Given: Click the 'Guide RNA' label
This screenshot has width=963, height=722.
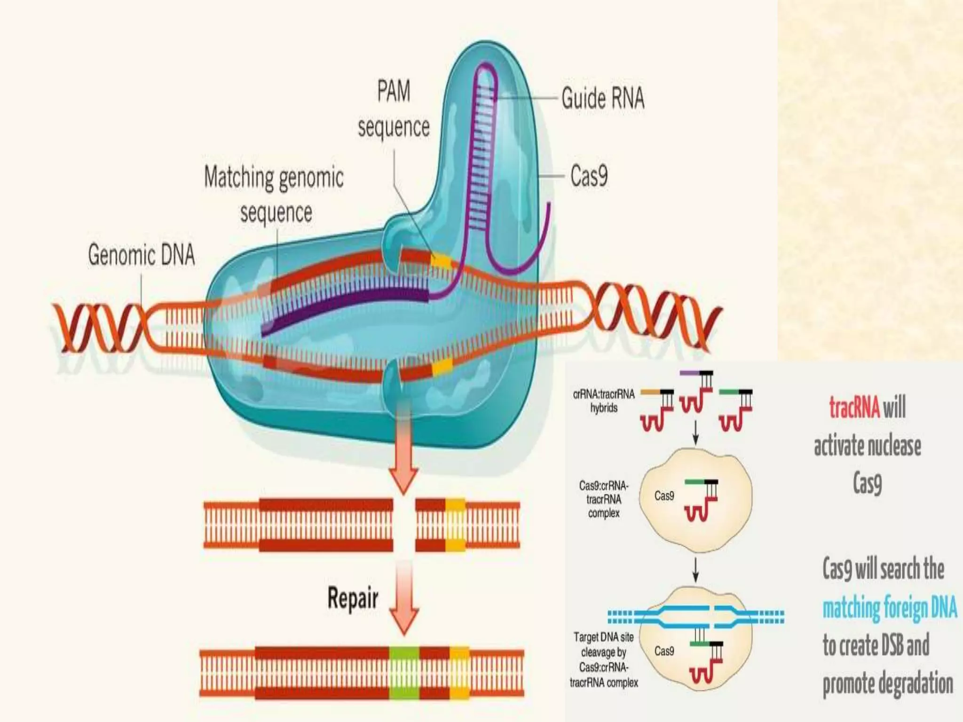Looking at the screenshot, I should click(x=603, y=99).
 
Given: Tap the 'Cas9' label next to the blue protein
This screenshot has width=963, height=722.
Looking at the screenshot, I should click(x=589, y=176).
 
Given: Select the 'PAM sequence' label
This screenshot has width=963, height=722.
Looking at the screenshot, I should click(x=394, y=109).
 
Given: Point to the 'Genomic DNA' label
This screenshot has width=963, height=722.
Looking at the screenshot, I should click(x=141, y=255).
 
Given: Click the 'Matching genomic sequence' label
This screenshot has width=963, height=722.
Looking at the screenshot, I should click(x=274, y=195).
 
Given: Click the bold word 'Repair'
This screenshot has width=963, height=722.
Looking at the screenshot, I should click(x=353, y=598).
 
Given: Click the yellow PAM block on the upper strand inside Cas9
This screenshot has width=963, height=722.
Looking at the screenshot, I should click(x=441, y=259).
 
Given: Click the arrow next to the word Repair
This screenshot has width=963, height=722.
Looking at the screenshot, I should click(x=404, y=602).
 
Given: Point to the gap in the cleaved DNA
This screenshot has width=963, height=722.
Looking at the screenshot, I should click(x=404, y=525).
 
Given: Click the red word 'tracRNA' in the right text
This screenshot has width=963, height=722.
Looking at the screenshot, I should click(x=854, y=407).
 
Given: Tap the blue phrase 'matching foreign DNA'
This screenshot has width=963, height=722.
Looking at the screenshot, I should click(x=889, y=608).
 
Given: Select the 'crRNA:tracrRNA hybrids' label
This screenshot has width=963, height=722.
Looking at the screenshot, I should click(x=604, y=400).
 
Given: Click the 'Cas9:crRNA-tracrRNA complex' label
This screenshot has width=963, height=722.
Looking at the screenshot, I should click(x=604, y=499).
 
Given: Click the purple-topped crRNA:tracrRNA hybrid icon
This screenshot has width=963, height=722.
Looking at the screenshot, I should click(x=696, y=391).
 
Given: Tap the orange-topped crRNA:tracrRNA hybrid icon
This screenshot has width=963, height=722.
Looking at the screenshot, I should click(x=657, y=409).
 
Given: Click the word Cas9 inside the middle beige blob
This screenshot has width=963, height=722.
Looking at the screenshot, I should click(x=664, y=496).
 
